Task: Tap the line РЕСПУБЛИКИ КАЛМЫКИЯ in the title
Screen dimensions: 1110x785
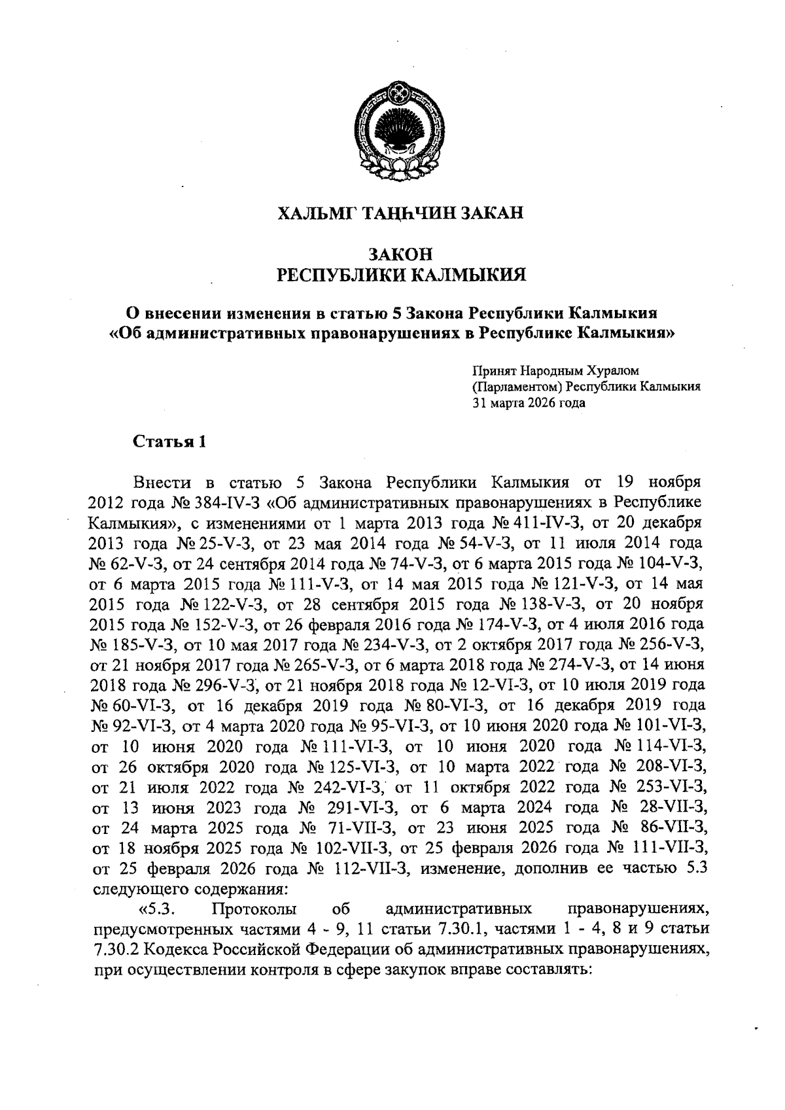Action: [401, 275]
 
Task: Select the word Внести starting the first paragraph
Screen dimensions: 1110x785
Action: [162, 483]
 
